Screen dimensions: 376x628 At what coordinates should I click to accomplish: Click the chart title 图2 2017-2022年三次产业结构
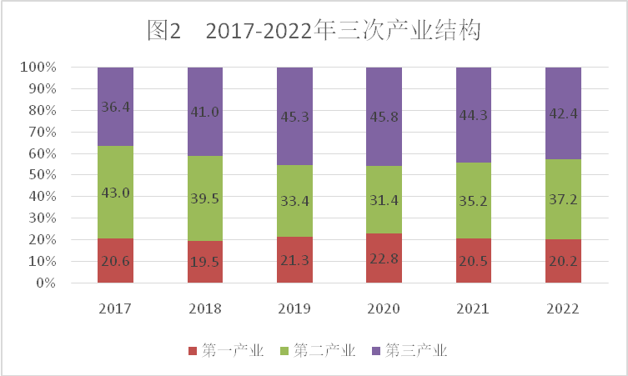click(x=314, y=31)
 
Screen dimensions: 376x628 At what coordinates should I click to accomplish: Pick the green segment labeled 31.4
click(x=384, y=212)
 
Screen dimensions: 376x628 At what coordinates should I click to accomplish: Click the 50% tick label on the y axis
click(x=40, y=175)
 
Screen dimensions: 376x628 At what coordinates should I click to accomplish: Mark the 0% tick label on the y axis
click(x=43, y=283)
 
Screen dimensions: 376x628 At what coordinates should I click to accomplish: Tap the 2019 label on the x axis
click(x=294, y=308)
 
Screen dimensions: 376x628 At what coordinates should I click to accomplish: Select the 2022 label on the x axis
click(x=563, y=308)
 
